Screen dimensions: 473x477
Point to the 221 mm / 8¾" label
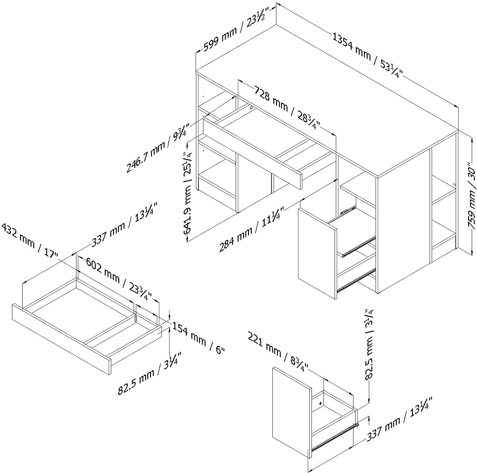pyautogui.click(x=278, y=353)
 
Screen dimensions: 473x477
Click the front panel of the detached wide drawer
pyautogui.click(x=60, y=338)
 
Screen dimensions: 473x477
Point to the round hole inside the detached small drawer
pyautogui.click(x=320, y=403)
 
